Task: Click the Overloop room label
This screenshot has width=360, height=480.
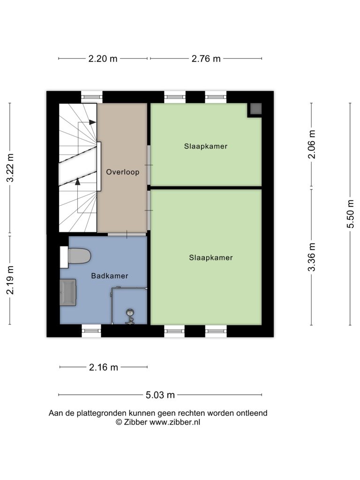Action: [122, 172]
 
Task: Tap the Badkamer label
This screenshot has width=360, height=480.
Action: [110, 276]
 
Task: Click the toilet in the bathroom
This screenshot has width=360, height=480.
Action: [75, 256]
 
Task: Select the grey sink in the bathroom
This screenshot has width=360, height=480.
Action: [68, 292]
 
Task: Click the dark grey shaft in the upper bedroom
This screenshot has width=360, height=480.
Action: [255, 110]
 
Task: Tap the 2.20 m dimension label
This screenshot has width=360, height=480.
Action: [103, 59]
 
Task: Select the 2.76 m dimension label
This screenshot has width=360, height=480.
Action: [206, 59]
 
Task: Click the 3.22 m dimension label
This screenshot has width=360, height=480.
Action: [10, 168]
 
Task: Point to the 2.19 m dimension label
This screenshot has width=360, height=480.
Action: [10, 280]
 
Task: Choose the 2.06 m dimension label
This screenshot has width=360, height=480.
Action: [312, 144]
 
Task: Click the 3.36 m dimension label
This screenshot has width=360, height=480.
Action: [312, 257]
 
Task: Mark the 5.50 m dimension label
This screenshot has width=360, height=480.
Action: [351, 214]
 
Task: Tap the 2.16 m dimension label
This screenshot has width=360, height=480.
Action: [104, 367]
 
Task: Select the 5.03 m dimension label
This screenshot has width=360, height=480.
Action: [160, 395]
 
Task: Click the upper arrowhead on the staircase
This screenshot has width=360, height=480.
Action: [92, 122]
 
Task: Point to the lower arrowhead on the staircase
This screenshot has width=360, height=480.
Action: [77, 181]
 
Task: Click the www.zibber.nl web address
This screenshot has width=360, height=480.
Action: [175, 422]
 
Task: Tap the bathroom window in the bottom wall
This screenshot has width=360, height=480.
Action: [91, 330]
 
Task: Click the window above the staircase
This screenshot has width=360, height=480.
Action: [92, 97]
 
